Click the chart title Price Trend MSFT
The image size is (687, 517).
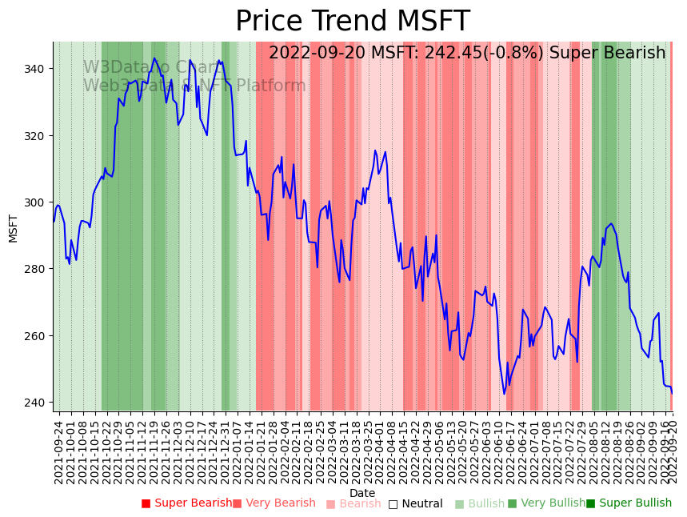tap(352, 22)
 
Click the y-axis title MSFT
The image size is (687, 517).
tap(13, 228)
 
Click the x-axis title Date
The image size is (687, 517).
tap(362, 493)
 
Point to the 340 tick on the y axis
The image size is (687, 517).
tap(36, 69)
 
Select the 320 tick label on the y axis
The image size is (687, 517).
tap(36, 135)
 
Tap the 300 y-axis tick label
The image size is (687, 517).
tap(36, 202)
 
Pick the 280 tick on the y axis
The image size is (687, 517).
tap(36, 269)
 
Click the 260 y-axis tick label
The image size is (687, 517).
tap(36, 335)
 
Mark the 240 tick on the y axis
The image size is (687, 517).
tap(36, 402)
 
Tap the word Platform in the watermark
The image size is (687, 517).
tap(270, 86)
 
